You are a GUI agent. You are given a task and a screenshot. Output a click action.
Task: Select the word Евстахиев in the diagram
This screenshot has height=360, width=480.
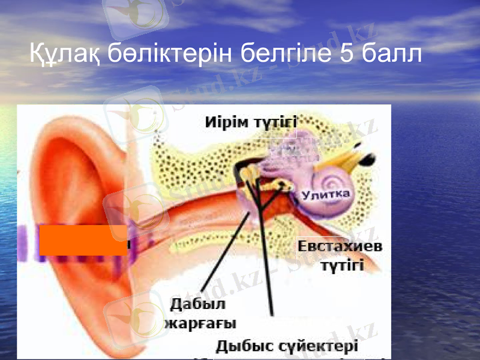point(340,247)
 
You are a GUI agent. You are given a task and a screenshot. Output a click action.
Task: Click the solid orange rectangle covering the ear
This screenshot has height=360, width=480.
point(83,240)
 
